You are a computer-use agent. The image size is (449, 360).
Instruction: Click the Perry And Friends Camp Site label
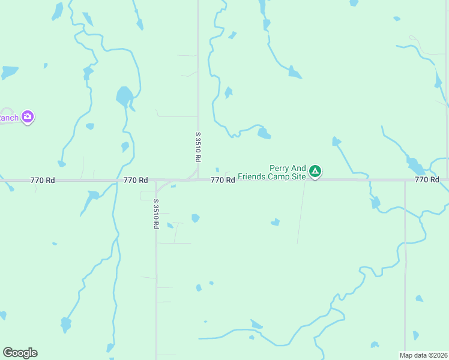(272, 173)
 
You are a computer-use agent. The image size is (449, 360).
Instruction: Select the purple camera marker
(27, 117)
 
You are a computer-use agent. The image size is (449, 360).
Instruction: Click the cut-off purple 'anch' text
(8, 118)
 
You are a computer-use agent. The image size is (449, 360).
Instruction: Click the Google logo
(20, 353)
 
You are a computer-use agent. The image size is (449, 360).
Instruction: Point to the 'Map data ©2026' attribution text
(424, 355)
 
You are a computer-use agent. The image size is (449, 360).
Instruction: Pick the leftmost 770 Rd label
(42, 180)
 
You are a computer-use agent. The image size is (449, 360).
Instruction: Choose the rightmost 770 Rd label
(426, 180)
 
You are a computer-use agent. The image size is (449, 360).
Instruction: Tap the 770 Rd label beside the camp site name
(222, 180)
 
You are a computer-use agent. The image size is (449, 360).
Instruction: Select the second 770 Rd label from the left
(136, 180)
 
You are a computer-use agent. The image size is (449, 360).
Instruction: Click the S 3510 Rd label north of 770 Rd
(197, 147)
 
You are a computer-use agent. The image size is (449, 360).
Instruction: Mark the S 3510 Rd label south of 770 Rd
(155, 214)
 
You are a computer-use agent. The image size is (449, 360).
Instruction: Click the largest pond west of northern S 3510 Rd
(124, 96)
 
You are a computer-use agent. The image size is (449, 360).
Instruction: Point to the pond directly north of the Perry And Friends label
(264, 133)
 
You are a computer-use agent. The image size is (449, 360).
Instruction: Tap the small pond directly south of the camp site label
(276, 222)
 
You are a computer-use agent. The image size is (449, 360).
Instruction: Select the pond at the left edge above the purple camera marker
(9, 72)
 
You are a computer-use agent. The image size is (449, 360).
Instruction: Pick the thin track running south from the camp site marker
(301, 210)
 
